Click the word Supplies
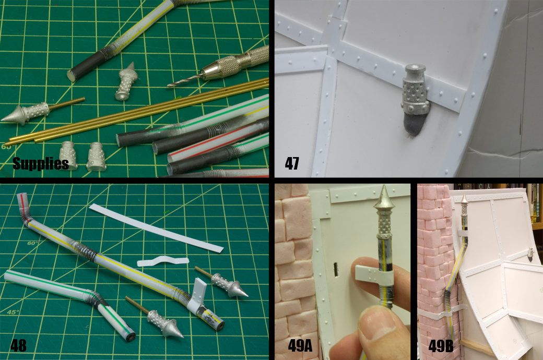click(x=41, y=163)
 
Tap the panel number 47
click(x=292, y=163)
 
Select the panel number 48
click(x=18, y=345)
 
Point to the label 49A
click(x=300, y=345)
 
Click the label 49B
click(x=441, y=345)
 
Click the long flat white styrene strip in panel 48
click(x=156, y=228)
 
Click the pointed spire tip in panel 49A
click(x=384, y=186)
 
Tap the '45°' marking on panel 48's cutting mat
click(x=13, y=312)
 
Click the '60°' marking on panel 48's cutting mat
click(x=33, y=243)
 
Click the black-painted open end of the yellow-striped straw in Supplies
click(x=72, y=75)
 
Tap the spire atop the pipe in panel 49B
click(x=465, y=198)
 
